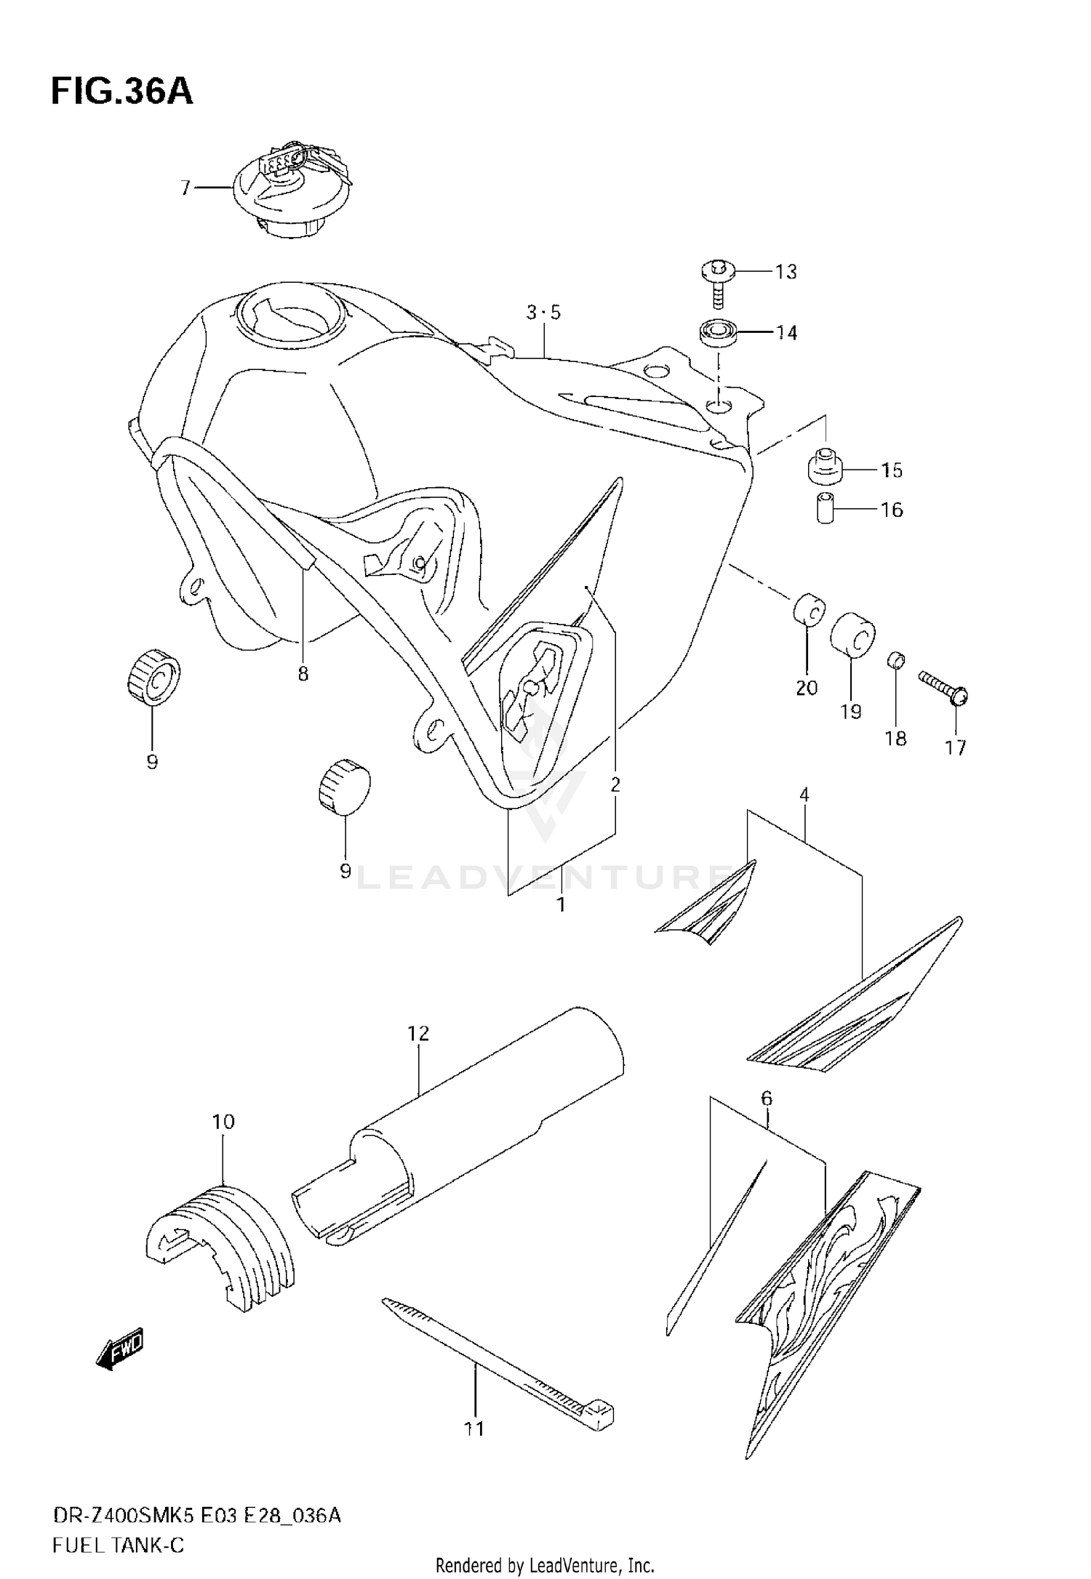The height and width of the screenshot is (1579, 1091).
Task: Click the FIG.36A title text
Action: [x=122, y=92]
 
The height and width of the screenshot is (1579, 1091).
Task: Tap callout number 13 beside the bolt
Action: [x=786, y=272]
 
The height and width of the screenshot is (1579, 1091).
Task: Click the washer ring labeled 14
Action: [x=719, y=333]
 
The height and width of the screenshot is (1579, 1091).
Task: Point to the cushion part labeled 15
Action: [x=825, y=466]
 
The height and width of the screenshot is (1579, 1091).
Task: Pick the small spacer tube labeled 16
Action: [x=824, y=508]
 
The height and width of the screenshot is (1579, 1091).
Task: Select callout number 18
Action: [x=895, y=739]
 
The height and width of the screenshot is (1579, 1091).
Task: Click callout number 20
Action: [x=807, y=688]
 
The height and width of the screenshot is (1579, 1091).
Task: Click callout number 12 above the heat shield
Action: [x=419, y=1033]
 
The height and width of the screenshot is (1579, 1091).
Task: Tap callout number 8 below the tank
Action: [x=303, y=674]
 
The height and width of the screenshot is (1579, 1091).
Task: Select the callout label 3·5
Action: [x=544, y=313]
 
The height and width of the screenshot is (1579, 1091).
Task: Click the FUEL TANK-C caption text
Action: [x=118, y=1545]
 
